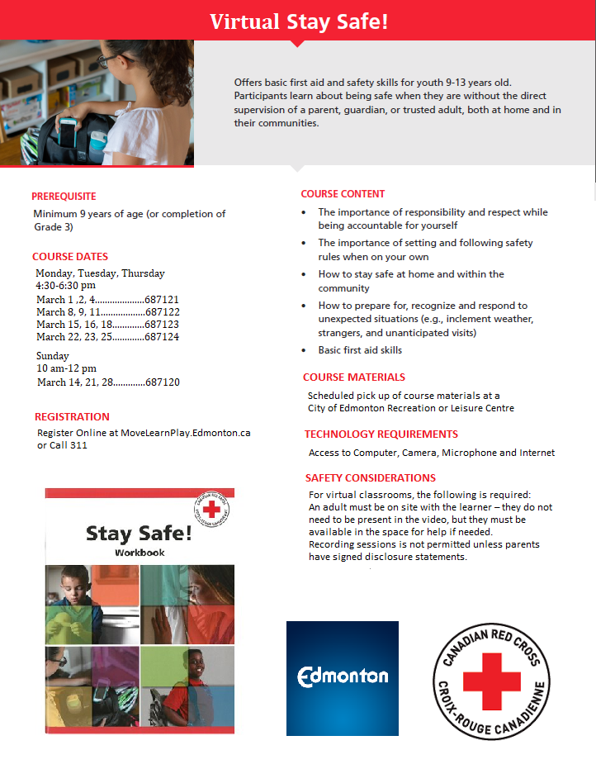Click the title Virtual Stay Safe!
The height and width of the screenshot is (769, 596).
pos(298,21)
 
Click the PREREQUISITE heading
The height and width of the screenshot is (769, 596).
pos(64,197)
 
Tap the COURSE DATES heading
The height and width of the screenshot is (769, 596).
pos(70,256)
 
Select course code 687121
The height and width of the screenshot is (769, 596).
pos(162,299)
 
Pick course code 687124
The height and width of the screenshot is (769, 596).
pos(162,337)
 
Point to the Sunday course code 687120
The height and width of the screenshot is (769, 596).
pos(162,382)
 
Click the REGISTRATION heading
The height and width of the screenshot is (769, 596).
pos(72,417)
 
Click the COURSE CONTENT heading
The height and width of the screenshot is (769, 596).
pos(343,194)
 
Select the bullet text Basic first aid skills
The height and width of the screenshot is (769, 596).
pos(360,350)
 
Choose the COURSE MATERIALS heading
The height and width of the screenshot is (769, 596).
pos(353,377)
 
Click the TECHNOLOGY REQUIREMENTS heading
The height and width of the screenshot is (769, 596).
pos(381,434)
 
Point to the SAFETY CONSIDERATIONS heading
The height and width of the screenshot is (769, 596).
pos(371,477)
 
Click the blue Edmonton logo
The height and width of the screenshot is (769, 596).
pos(343,677)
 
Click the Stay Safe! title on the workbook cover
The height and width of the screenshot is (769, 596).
pos(139,533)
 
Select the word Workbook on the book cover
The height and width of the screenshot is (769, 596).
pos(140,552)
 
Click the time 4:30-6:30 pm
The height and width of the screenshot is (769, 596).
pos(66,286)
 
